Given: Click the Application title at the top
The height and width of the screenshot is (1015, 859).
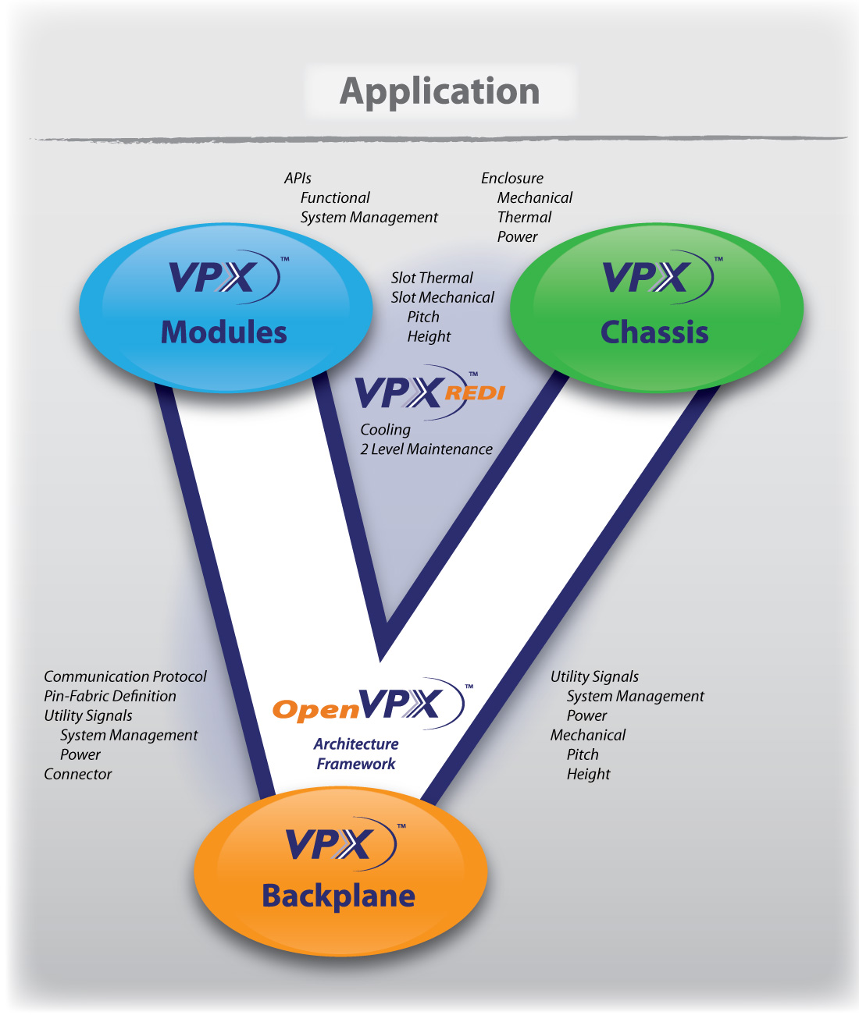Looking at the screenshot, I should coord(440,91).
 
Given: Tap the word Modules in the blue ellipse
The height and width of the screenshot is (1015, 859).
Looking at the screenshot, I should coord(224,332).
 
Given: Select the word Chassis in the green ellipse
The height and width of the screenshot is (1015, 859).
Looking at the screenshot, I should coord(654,332).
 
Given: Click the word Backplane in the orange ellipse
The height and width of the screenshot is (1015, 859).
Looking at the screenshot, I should coord(338,896).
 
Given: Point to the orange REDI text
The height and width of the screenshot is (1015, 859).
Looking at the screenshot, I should coord(475,392).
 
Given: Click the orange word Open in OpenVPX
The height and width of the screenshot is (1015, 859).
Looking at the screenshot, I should coord(315,710).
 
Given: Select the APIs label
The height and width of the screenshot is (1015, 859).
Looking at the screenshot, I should coord(298,179).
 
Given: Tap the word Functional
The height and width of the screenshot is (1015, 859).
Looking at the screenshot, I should coord(335,198).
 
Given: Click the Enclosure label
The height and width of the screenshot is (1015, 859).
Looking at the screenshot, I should coord(512,179).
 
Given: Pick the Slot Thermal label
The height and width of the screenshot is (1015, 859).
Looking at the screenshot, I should coord(432,278).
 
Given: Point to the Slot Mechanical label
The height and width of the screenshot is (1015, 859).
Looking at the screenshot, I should coord(443,297).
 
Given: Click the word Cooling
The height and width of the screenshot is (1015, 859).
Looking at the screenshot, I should coord(385,430).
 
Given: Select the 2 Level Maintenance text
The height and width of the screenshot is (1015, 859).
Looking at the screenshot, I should coord(426,449).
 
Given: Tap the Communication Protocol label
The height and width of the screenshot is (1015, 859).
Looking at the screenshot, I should coord(125,676).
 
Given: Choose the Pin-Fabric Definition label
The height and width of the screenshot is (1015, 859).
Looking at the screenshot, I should coord(110,696).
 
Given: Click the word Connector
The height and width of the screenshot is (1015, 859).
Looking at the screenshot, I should coord(78,774).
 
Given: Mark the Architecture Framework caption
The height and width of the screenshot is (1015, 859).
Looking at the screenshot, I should coord(356,754).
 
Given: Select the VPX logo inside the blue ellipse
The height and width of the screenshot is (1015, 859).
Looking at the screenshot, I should coord(219,278).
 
